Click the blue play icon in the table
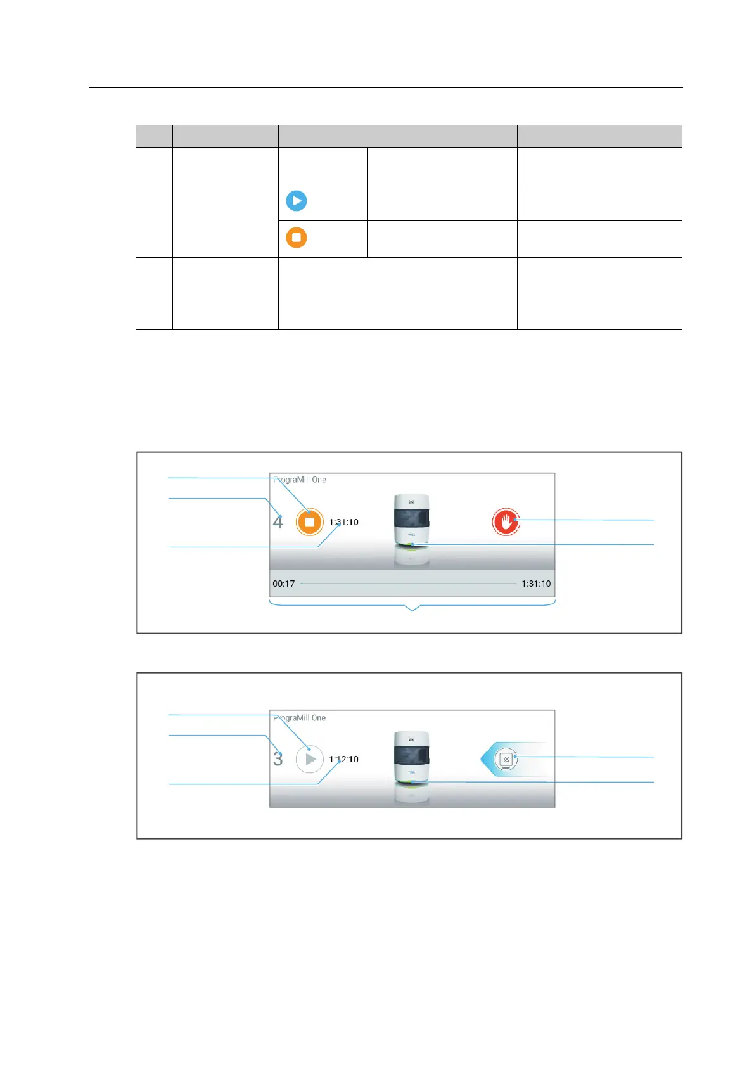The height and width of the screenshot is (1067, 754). [x=296, y=201]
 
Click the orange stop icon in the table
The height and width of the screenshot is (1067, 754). [x=296, y=238]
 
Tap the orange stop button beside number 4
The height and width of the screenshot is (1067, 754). [x=310, y=522]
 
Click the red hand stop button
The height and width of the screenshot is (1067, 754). [x=506, y=522]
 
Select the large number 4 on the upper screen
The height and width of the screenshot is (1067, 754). [x=278, y=523]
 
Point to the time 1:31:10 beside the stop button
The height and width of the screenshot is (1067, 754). [x=343, y=523]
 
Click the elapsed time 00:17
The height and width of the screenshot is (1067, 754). [x=283, y=584]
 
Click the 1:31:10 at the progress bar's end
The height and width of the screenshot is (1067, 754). [x=536, y=584]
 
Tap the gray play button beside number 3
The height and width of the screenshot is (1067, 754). [x=310, y=759]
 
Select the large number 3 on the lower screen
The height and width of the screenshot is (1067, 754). [x=278, y=759]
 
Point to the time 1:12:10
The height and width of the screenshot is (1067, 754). [x=343, y=759]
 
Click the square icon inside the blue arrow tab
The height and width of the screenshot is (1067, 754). [x=506, y=759]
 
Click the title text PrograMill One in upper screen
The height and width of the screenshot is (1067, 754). [x=300, y=480]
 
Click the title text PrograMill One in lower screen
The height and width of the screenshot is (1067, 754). [x=300, y=718]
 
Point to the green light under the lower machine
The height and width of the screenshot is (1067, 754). [x=411, y=783]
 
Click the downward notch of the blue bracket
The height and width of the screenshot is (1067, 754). [x=412, y=610]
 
